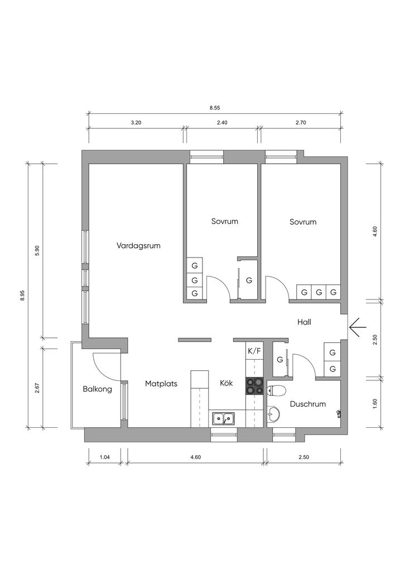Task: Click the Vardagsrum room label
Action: click(138, 246)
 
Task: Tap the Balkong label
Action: click(97, 389)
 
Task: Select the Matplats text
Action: click(161, 384)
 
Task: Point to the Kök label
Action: click(226, 383)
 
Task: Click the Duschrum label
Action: click(308, 404)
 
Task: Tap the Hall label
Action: click(304, 322)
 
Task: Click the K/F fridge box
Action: click(254, 352)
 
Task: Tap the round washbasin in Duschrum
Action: click(273, 414)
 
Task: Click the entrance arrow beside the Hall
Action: click(357, 327)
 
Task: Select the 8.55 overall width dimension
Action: click(215, 108)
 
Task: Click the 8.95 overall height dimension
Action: click(22, 295)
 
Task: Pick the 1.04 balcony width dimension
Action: click(104, 457)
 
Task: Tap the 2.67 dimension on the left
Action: click(37, 388)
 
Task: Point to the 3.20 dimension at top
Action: click(136, 123)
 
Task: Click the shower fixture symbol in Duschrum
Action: click(339, 413)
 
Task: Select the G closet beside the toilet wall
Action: click(280, 360)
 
